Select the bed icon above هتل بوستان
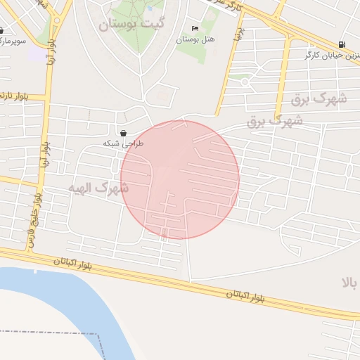(x=195, y=28)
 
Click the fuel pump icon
(x=342, y=44)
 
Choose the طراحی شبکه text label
(x=123, y=143)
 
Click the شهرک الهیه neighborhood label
(x=98, y=188)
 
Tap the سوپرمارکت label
(x=14, y=41)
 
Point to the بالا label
(x=350, y=283)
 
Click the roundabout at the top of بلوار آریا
(x=56, y=20)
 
